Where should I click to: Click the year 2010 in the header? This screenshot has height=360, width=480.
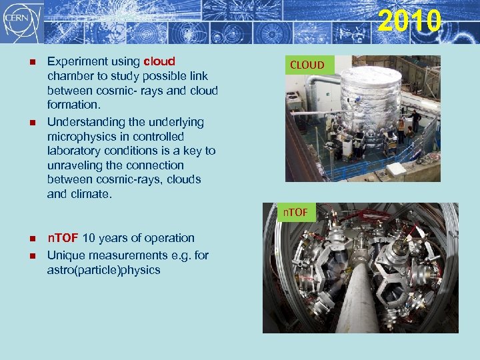pos(409,20)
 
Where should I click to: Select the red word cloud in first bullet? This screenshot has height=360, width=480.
pos(159,62)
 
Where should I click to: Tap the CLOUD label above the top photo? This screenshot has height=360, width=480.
pos(307,65)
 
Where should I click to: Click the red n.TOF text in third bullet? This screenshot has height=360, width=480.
pos(63,238)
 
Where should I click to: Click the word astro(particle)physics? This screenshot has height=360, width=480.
pos(104,270)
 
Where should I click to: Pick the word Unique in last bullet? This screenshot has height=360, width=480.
pos(65,255)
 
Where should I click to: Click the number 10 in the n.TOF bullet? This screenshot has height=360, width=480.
pos(89,238)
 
